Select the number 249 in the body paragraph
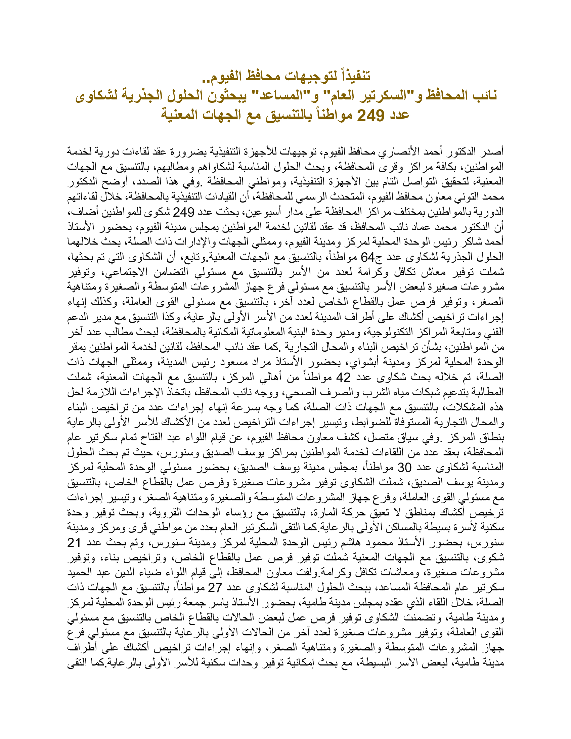pyautogui.click(x=184, y=212)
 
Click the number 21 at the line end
pyautogui.click(x=74, y=542)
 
